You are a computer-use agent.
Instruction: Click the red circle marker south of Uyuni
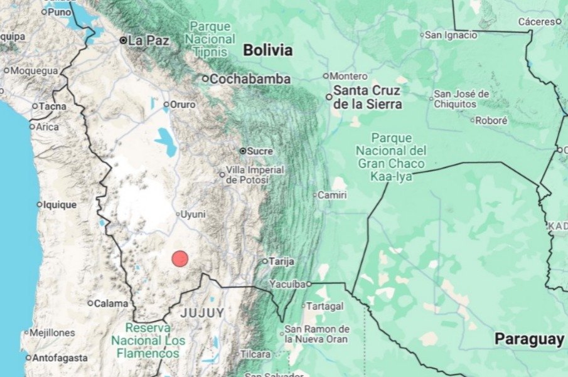pyautogui.click(x=180, y=258)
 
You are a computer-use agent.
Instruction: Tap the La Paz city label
pyautogui.click(x=149, y=40)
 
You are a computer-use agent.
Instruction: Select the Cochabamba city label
pyautogui.click(x=249, y=79)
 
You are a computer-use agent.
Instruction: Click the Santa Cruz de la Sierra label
pyautogui.click(x=367, y=97)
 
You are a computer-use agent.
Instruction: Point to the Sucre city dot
pyautogui.click(x=243, y=151)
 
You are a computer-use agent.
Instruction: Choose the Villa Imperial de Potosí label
pyautogui.click(x=254, y=175)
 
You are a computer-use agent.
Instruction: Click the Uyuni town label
pyautogui.click(x=193, y=215)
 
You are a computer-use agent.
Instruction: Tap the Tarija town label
pyautogui.click(x=281, y=261)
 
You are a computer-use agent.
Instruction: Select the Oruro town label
pyautogui.click(x=183, y=104)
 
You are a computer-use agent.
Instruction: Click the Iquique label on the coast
pyautogui.click(x=60, y=204)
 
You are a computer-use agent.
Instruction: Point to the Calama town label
pyautogui.click(x=110, y=304)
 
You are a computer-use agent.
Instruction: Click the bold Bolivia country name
pyautogui.click(x=267, y=50)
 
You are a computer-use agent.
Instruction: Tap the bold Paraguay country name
pyautogui.click(x=528, y=339)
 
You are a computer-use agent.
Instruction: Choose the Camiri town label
pyautogui.click(x=333, y=195)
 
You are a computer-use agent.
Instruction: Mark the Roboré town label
pyautogui.click(x=491, y=120)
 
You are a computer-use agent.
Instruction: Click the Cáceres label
pyautogui.click(x=536, y=21)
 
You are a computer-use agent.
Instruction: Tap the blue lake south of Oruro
pyautogui.click(x=167, y=142)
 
